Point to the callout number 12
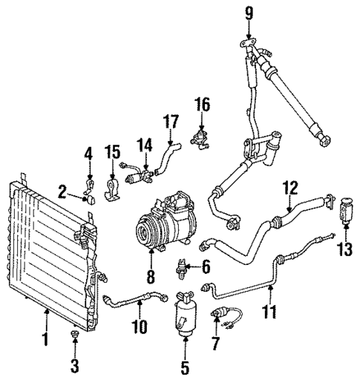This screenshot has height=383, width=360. point(290,189)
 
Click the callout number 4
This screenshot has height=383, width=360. point(89,154)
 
